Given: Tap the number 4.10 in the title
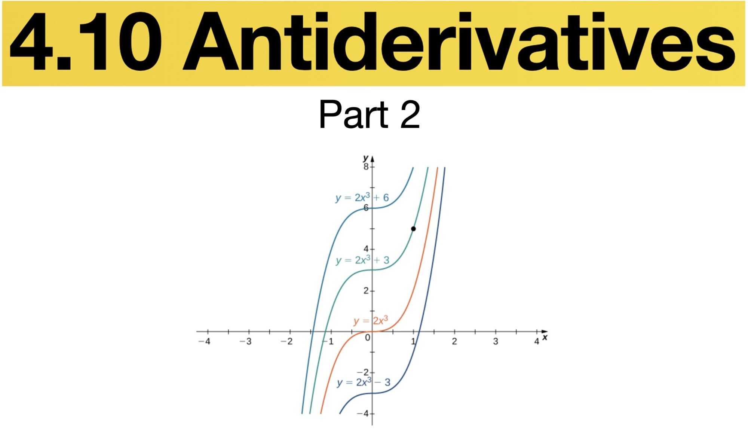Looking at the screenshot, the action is pyautogui.click(x=86, y=42).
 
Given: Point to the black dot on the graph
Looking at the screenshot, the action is pyautogui.click(x=413, y=229).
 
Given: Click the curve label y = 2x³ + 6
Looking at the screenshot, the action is pyautogui.click(x=362, y=197).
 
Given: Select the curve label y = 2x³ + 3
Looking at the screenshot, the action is pyautogui.click(x=362, y=260).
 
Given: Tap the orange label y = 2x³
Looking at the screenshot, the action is pyautogui.click(x=371, y=321).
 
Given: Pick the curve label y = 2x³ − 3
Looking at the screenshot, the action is pyautogui.click(x=364, y=382).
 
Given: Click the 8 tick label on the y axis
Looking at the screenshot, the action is pyautogui.click(x=366, y=167).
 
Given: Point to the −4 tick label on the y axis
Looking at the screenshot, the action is pyautogui.click(x=363, y=414).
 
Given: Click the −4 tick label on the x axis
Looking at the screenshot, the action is pyautogui.click(x=204, y=341).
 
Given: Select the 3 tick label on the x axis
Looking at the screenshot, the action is pyautogui.click(x=496, y=341).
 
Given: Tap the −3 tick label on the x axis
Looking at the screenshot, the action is pyautogui.click(x=245, y=341).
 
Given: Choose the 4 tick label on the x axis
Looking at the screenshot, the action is pyautogui.click(x=537, y=341).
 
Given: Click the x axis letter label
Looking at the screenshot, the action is pyautogui.click(x=545, y=338).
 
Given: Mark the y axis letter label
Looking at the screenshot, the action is pyautogui.click(x=366, y=158).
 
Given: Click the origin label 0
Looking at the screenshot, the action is pyautogui.click(x=368, y=338).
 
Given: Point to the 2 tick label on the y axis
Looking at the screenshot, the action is pyautogui.click(x=366, y=291).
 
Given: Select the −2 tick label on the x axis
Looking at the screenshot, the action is pyautogui.click(x=286, y=341).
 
